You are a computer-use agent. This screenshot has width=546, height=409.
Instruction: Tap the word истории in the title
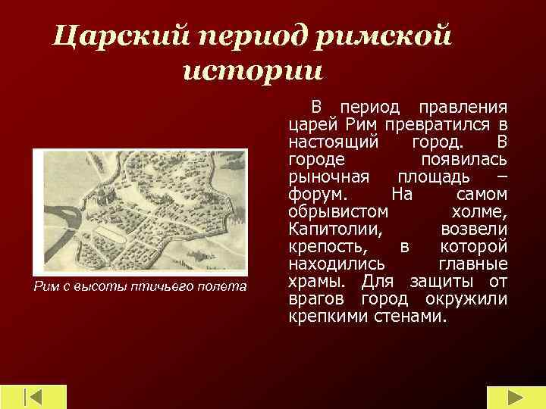(x=253, y=71)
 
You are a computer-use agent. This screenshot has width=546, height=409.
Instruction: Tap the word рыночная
(x=328, y=176)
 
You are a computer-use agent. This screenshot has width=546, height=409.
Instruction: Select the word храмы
(x=313, y=281)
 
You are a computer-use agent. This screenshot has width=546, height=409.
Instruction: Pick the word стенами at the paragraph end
(x=413, y=316)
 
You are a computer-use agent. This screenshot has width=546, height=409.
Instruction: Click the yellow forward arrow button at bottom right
(x=514, y=397)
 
